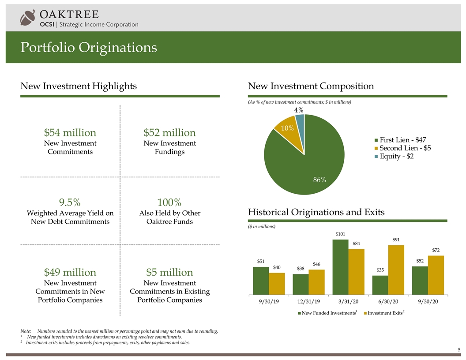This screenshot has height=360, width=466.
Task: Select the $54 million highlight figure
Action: pyautogui.click(x=70, y=133)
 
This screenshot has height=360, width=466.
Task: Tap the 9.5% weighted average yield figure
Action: pyautogui.click(x=70, y=202)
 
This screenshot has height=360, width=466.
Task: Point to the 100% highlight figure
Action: pyautogui.click(x=169, y=202)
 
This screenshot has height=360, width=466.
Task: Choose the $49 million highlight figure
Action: pyautogui.click(x=70, y=272)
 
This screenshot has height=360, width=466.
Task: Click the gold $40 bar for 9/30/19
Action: pyautogui.click(x=277, y=283)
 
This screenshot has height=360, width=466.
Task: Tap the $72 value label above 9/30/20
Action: pyautogui.click(x=436, y=251)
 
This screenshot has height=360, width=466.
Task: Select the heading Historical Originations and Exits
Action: pyautogui.click(x=316, y=212)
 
